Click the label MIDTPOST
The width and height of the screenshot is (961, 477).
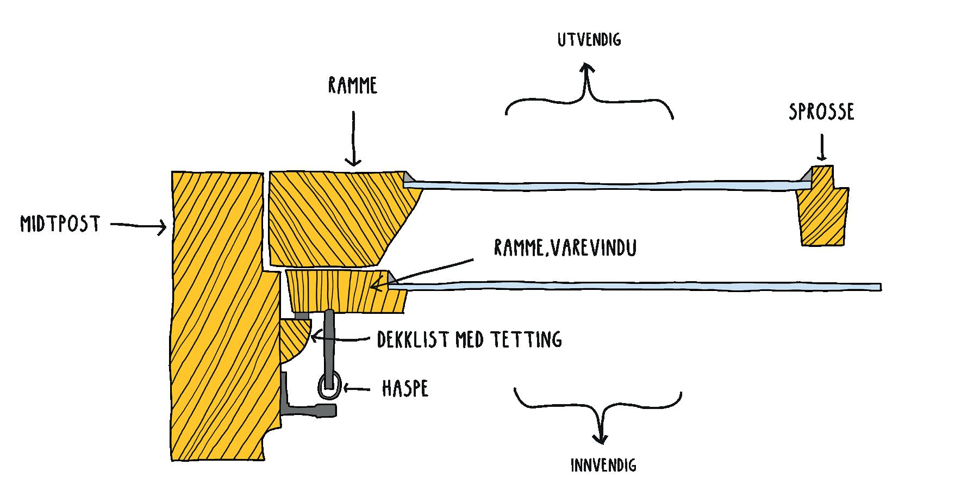(60, 224)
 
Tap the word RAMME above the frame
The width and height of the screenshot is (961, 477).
(353, 86)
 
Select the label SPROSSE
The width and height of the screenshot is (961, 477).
(821, 111)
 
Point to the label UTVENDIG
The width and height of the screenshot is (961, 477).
(589, 40)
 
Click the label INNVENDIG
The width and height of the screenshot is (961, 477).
(603, 466)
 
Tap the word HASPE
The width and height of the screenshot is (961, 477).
(405, 389)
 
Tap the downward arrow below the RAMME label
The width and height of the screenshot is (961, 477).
(353, 139)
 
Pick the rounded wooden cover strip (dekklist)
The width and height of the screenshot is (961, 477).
(294, 342)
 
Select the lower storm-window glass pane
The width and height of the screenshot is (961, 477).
(636, 286)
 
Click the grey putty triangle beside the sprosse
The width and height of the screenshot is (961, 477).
(807, 175)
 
